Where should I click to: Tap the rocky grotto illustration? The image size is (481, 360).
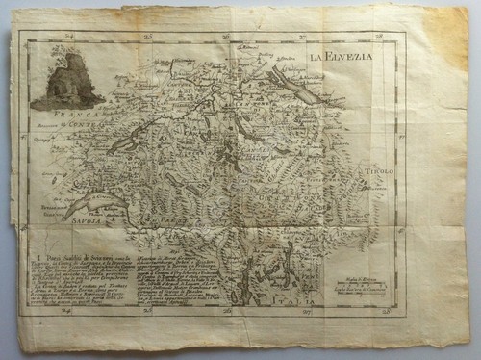67,80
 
